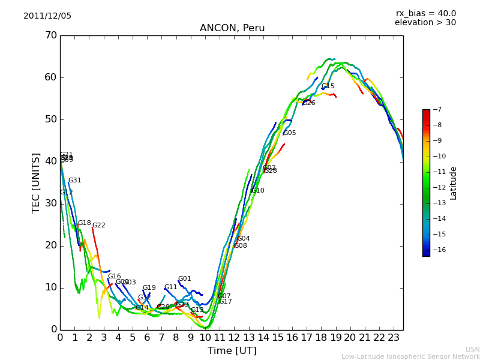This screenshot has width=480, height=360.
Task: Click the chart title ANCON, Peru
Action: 232,28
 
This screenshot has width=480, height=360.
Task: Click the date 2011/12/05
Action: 47,16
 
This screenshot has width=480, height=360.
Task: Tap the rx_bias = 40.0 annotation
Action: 425,13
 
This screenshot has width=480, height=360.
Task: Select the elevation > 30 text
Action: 425,23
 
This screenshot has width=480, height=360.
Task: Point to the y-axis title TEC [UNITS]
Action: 36,182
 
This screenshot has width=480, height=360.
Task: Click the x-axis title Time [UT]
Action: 232,350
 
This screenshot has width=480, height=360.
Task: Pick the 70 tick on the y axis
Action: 50,35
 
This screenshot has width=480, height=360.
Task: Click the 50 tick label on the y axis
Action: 50,119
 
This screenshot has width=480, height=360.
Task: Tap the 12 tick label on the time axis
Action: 234,337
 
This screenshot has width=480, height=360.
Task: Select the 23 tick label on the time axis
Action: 394,337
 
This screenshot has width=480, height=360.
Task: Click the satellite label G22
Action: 98,226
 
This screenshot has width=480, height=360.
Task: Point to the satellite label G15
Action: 328,86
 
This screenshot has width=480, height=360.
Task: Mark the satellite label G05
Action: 290,133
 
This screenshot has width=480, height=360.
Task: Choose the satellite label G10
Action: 258,191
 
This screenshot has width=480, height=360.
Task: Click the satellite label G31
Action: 74,181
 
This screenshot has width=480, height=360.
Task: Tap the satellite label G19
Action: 149,288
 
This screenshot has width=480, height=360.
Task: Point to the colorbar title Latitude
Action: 454,183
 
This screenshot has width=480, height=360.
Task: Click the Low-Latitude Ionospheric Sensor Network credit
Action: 410,356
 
